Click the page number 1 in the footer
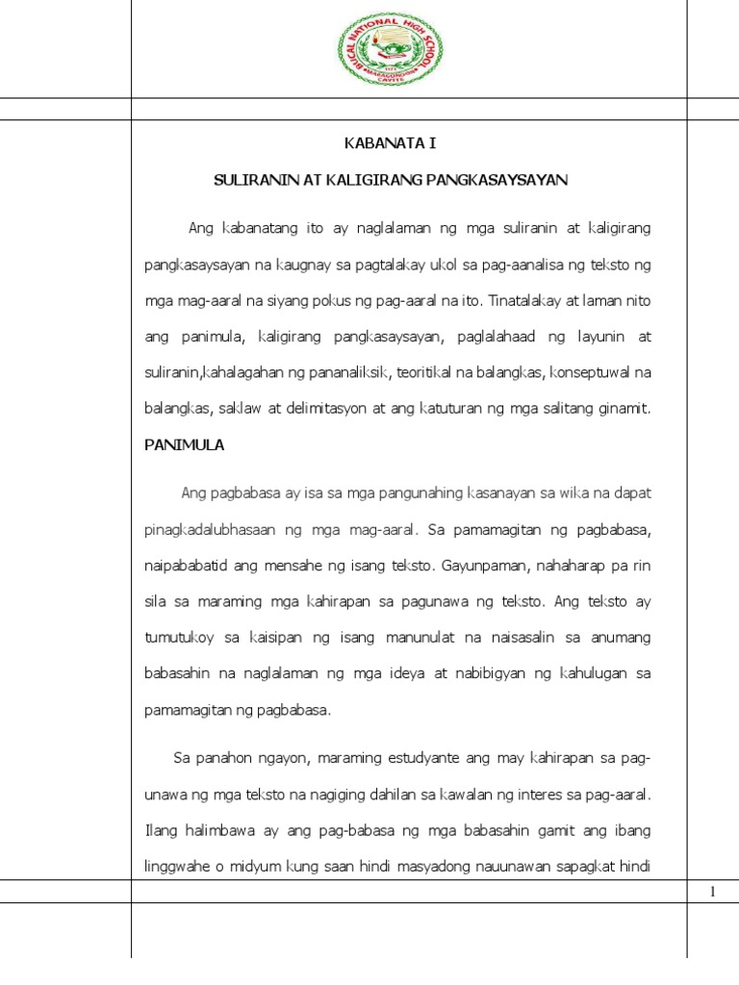click(712, 893)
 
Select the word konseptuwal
click(597, 372)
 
